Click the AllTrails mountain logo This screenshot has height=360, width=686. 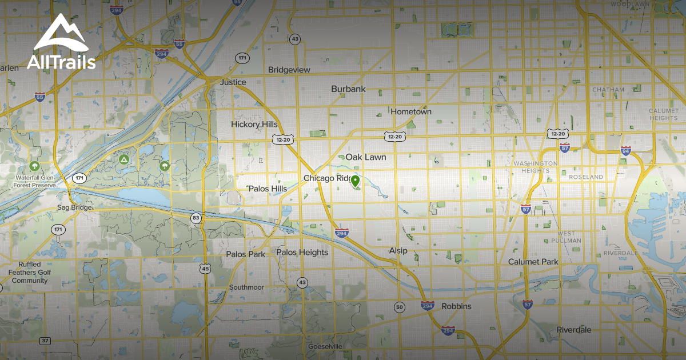(x=61, y=33)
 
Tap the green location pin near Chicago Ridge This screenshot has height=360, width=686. (x=355, y=182)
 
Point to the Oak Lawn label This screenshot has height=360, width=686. (x=366, y=157)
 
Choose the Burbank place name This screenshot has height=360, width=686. (x=348, y=89)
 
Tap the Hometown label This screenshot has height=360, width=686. (x=411, y=112)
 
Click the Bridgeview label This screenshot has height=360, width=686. (x=289, y=70)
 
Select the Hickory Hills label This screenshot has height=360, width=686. (x=254, y=125)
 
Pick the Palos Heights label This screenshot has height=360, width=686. (x=302, y=253)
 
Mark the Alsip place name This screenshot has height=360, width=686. (x=398, y=251)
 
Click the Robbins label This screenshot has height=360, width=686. (x=457, y=307)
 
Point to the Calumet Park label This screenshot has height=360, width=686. (x=533, y=262)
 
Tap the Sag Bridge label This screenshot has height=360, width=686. (x=74, y=207)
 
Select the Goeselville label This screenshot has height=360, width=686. (x=325, y=347)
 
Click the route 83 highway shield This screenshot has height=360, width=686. (x=196, y=218)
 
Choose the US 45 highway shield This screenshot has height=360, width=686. (x=205, y=268)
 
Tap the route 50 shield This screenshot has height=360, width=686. (x=400, y=307)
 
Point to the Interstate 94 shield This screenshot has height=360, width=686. (x=626, y=151)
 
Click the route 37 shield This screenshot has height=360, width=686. (x=45, y=341)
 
